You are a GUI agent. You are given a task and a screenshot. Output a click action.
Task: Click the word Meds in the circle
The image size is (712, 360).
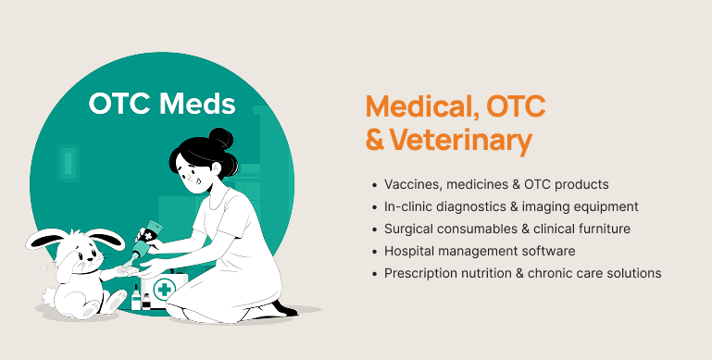[197, 104]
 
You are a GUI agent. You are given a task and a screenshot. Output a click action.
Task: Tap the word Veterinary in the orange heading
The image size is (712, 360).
[461, 141]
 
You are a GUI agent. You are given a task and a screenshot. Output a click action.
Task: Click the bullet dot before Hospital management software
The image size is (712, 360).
[374, 252]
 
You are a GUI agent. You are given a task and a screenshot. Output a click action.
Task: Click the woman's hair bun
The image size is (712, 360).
[220, 139]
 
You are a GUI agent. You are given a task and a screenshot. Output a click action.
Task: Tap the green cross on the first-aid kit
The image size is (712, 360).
[165, 289]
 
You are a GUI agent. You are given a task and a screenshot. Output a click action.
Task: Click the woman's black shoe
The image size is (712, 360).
[285, 309]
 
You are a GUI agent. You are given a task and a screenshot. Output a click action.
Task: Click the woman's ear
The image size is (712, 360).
[216, 168]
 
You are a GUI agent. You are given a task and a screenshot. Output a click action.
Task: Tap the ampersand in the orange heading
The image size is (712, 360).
[375, 141]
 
